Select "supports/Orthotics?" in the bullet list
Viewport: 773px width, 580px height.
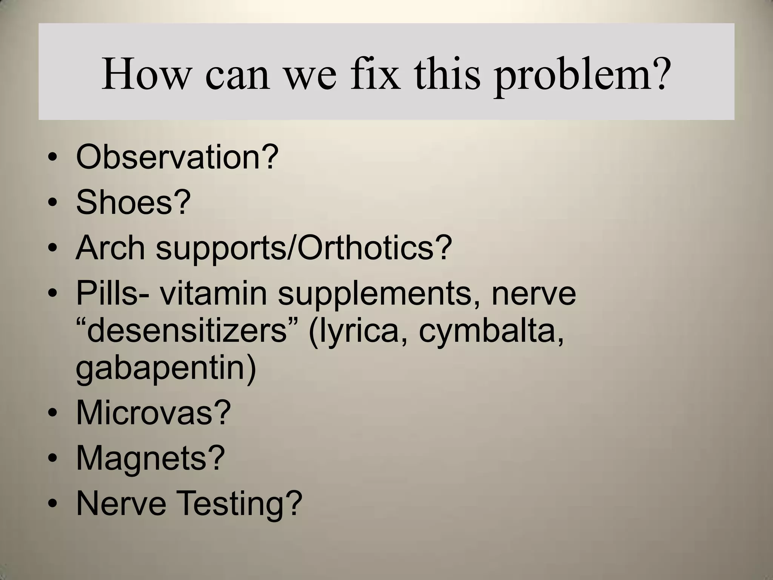click(x=304, y=248)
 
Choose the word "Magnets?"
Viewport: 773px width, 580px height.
click(x=150, y=458)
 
